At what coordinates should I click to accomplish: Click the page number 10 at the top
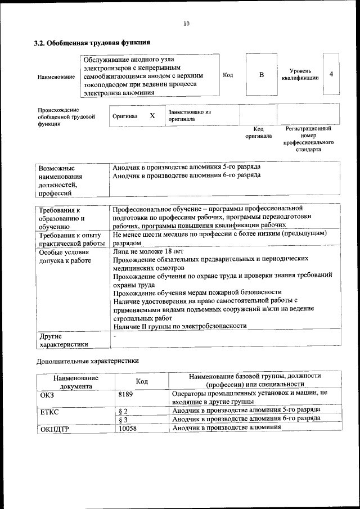(186, 23)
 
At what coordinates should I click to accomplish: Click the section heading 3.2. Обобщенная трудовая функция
(92, 42)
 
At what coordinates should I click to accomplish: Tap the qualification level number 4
(331, 74)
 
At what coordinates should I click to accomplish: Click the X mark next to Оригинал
(152, 116)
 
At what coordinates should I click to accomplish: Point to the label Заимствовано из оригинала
(189, 116)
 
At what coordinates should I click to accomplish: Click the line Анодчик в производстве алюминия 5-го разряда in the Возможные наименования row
(186, 168)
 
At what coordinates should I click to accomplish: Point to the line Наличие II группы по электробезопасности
(179, 326)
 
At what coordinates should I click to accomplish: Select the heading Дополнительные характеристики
(87, 361)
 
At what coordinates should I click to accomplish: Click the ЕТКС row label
(49, 412)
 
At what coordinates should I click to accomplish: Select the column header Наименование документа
(76, 382)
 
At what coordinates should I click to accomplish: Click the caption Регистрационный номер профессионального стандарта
(308, 139)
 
